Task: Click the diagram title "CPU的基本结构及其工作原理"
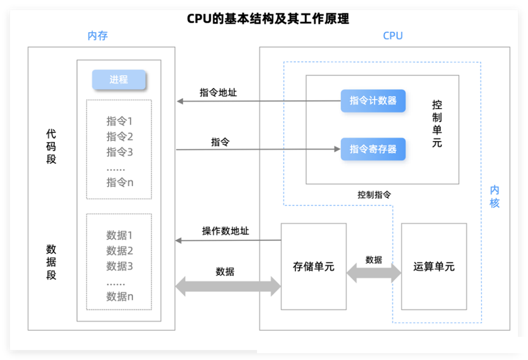coord(268,18)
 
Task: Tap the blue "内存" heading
coord(98,35)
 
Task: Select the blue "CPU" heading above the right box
coord(392,35)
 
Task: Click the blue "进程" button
coord(119,80)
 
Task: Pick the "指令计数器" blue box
coord(373,100)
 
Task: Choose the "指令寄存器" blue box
coord(373,149)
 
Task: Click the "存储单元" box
coord(314,267)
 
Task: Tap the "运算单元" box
coord(433,267)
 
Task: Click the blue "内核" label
coord(494,196)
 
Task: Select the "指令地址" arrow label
coord(218,93)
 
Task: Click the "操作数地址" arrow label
coord(225,231)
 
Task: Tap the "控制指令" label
coord(374,195)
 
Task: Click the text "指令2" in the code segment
coord(120,136)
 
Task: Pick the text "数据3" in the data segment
coord(120,266)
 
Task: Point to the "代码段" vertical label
coord(51,146)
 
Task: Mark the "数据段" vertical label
coord(51,262)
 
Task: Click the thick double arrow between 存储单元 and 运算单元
coord(374,273)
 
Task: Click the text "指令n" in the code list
coord(120,182)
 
